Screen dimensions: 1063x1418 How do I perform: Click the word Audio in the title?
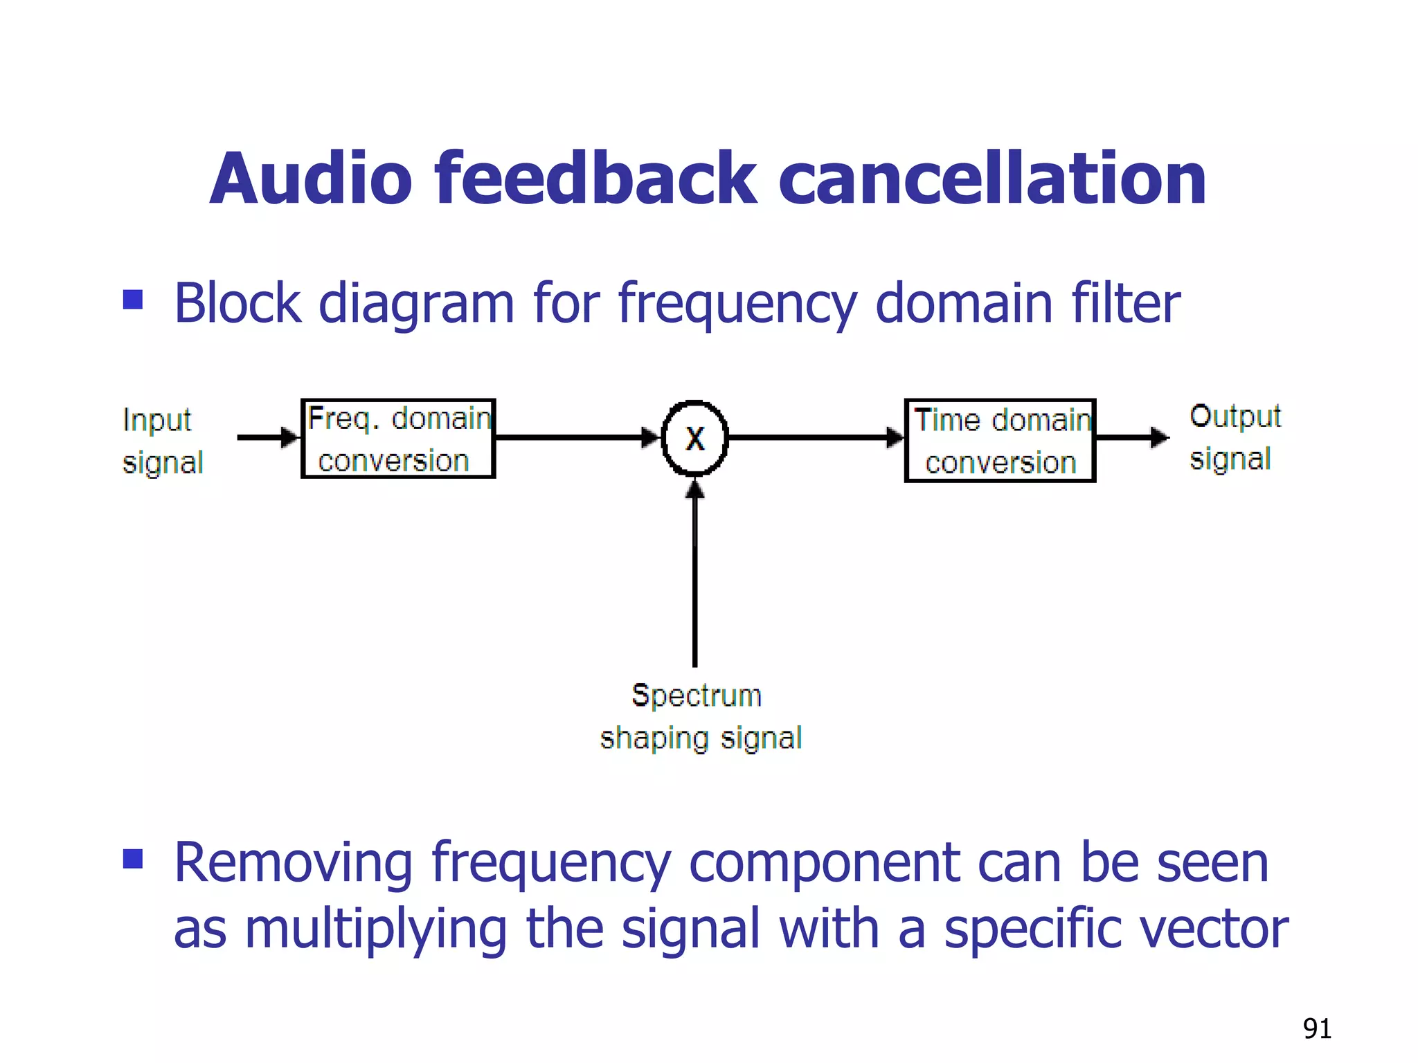[x=311, y=179]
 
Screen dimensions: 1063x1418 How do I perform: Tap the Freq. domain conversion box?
[x=398, y=439]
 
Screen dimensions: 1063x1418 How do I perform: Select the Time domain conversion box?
[x=1000, y=440]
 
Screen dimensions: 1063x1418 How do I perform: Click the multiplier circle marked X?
[x=694, y=438]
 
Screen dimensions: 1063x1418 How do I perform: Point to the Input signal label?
[x=162, y=441]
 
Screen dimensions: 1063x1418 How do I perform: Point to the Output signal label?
[x=1235, y=437]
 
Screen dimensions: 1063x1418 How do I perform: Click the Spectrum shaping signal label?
[x=700, y=716]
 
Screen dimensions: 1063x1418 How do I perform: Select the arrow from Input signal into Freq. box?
[x=267, y=437]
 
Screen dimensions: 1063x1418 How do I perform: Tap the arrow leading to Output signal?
[x=1131, y=437]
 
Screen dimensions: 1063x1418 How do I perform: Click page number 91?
[x=1316, y=1028]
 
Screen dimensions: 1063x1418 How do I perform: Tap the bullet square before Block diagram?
[x=132, y=300]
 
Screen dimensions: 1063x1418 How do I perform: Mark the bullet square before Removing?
[x=132, y=859]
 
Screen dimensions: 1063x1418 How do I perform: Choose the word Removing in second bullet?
[x=294, y=863]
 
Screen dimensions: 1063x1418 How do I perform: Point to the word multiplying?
[x=377, y=930]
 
